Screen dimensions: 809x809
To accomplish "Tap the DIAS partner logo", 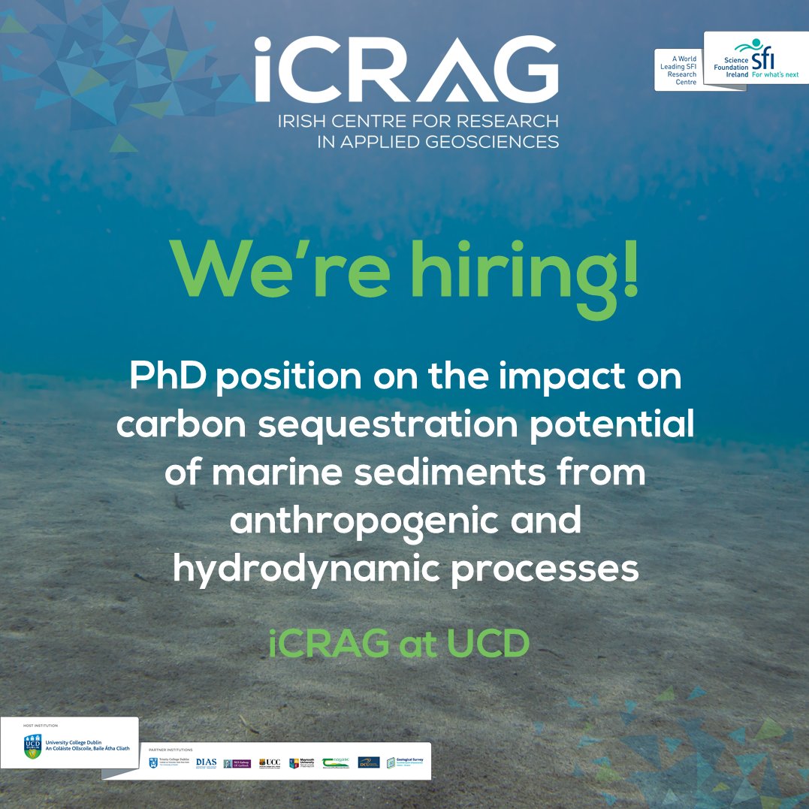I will click(206, 762).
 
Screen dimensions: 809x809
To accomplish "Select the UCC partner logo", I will click(270, 762).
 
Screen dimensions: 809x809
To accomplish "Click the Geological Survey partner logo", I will click(406, 762).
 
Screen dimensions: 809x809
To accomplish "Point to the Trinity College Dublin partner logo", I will click(170, 762).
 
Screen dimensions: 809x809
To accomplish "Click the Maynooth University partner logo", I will click(302, 762).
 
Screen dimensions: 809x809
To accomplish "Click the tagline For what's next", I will click(775, 75).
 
